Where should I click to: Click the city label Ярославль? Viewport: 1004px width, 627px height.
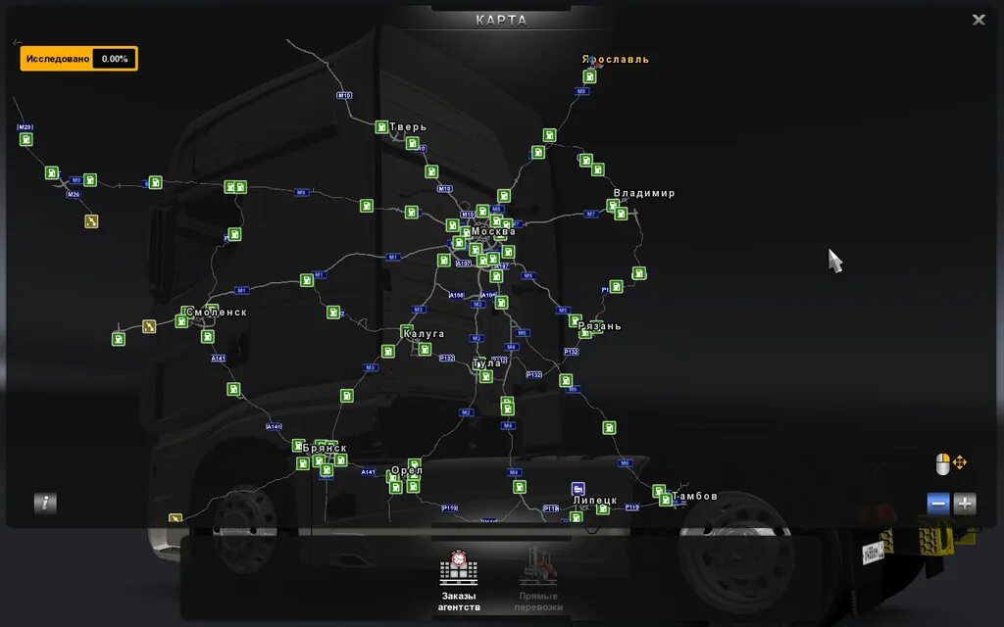(616, 60)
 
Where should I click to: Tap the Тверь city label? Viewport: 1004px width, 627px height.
(408, 127)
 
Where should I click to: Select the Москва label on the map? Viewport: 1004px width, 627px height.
(493, 232)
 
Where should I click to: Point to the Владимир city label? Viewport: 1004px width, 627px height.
(644, 194)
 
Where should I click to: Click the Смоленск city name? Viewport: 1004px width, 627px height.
(217, 313)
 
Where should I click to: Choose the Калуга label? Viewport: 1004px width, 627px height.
(424, 334)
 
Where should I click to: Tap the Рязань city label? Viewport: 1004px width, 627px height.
(600, 326)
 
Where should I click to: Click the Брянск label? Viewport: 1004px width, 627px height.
(326, 448)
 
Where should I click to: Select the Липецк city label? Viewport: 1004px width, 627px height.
(595, 501)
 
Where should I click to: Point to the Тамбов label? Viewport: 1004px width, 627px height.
(695, 497)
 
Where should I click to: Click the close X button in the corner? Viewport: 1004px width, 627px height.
(979, 20)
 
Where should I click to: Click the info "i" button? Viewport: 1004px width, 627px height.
(45, 504)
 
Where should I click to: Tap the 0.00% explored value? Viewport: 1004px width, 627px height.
(115, 59)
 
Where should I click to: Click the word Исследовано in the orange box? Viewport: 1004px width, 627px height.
(58, 59)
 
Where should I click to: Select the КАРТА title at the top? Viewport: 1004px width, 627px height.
(501, 20)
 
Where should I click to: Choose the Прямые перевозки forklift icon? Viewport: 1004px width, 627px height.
(537, 568)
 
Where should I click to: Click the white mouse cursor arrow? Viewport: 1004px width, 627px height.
(834, 261)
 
